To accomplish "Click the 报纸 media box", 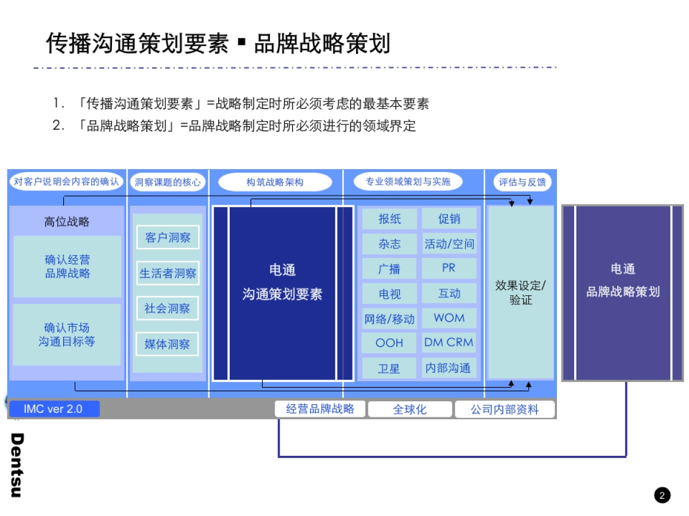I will [389, 218].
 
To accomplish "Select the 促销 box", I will [449, 218].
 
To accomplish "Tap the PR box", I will [449, 268].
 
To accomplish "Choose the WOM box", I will [449, 318].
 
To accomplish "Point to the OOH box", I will [389, 343].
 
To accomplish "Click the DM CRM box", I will [449, 343].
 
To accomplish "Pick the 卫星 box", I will [389, 368].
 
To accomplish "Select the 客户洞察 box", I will [168, 237].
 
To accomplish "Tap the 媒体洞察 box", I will [168, 344].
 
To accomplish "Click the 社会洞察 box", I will [168, 308].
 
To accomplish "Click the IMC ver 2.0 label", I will [53, 409].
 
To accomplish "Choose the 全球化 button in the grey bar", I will [410, 409].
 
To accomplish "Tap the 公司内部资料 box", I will [505, 409].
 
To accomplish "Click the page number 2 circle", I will [662, 495].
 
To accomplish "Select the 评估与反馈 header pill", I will [521, 182].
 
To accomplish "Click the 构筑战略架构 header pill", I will [275, 182].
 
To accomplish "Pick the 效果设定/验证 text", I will [521, 292].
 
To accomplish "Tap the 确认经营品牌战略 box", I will [68, 267].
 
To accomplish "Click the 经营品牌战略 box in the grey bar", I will [320, 409].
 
